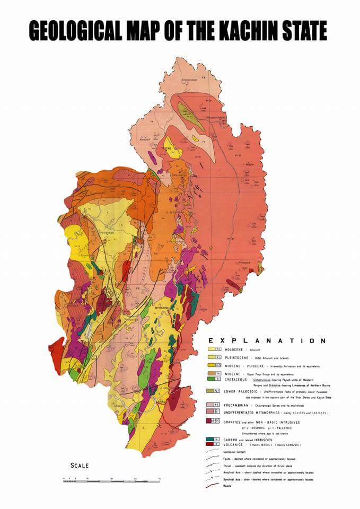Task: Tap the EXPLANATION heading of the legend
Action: [267, 341]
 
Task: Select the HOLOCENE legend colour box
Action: [214, 349]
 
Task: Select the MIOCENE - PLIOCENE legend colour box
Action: [214, 365]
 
